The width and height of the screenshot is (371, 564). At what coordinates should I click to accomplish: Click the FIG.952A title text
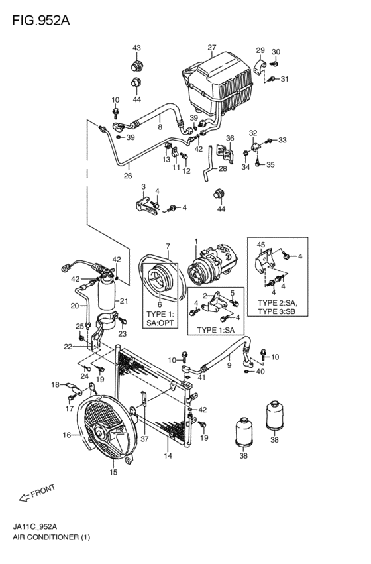tap(41, 21)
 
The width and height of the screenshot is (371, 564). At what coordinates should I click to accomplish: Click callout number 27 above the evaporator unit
tap(212, 48)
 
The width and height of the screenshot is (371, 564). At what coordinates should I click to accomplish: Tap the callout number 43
tap(136, 48)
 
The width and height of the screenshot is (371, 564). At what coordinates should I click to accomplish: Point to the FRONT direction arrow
tap(25, 498)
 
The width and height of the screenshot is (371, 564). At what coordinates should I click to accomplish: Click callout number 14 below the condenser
tap(168, 456)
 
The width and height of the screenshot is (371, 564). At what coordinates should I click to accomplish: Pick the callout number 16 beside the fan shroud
tap(67, 435)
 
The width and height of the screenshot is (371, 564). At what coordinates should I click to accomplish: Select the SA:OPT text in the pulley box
tap(160, 323)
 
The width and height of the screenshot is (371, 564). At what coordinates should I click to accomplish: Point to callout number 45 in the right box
tap(261, 245)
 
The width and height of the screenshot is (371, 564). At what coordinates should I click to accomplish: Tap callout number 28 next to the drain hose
tap(223, 168)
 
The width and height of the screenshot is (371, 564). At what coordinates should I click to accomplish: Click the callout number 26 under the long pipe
tap(128, 176)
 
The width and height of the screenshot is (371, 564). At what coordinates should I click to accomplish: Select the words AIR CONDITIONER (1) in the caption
tap(52, 537)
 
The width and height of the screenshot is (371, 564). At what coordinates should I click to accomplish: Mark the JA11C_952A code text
tap(35, 527)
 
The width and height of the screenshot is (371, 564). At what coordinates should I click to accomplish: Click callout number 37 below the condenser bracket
tap(144, 439)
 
